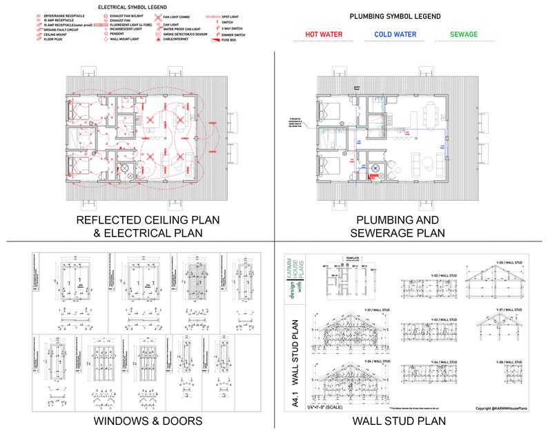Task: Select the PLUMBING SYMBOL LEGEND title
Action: [x=395, y=16]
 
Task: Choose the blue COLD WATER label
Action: [x=395, y=33]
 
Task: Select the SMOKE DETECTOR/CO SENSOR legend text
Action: [x=186, y=33]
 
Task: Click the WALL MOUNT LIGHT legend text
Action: [x=124, y=39]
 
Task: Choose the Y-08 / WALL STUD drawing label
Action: [x=509, y=361]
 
